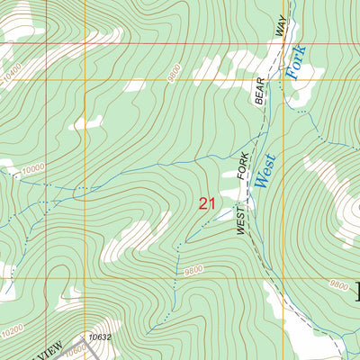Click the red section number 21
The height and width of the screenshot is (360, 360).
205,204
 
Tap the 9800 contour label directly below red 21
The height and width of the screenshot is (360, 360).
192,269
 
